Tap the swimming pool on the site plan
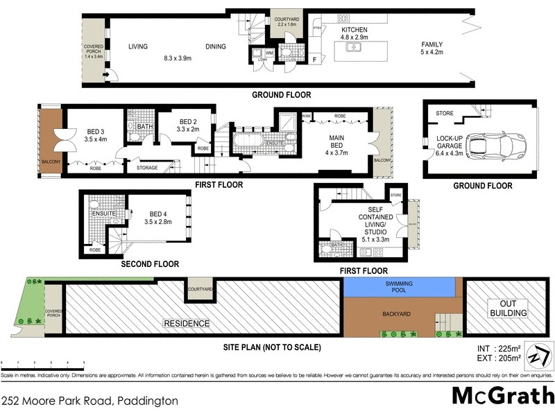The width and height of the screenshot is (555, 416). pos(400,287)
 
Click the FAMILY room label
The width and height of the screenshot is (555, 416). pos(432,45)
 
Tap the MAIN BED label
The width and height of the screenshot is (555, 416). pos(336,139)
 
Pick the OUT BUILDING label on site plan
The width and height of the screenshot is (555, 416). pos(509,308)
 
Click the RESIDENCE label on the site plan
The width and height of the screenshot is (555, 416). pos(185,323)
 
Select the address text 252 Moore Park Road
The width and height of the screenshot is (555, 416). pos(90,401)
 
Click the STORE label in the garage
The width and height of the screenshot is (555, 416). pos(445,113)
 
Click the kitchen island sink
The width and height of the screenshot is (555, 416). pos(355,48)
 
